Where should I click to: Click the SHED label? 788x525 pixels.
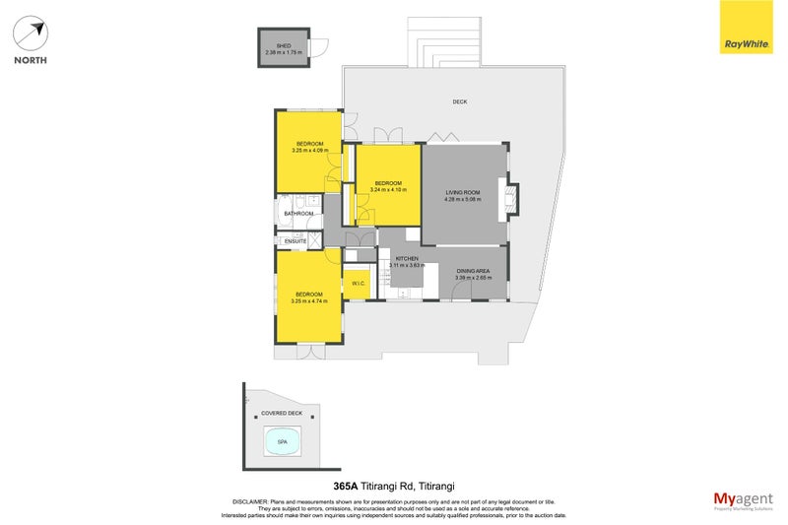283,45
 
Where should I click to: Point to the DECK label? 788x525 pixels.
459,101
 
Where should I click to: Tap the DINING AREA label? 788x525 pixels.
472,272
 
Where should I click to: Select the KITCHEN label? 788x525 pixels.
407,259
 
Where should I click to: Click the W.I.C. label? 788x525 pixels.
358,284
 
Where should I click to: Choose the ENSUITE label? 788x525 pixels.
295,241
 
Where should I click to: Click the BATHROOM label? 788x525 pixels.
298,214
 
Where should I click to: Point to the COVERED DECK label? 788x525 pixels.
281,414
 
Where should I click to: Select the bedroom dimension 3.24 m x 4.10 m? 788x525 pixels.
389,190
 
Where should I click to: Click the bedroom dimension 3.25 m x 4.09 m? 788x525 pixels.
308,151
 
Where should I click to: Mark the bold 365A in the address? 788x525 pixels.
345,486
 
